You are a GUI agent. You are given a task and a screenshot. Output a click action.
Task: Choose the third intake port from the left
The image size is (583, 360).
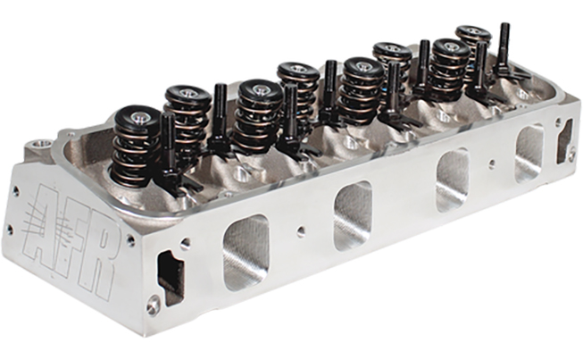click(x=453, y=180)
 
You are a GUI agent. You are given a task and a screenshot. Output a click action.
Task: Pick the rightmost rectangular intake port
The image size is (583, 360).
click(x=529, y=154)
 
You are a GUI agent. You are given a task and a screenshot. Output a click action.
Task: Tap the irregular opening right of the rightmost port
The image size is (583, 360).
click(x=564, y=141)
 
